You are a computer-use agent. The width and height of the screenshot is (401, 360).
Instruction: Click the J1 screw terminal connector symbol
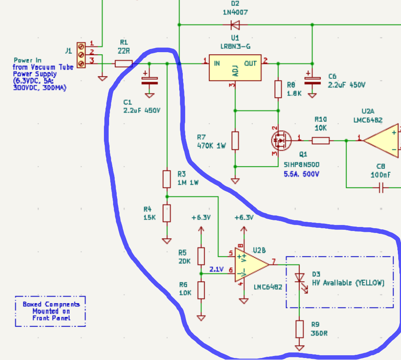pos(81,54)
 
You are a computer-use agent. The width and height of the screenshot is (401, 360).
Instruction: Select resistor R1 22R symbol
pos(123,63)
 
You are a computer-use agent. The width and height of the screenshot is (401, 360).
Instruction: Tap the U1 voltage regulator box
pos(235,67)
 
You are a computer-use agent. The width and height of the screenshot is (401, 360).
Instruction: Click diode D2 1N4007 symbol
pos(235,25)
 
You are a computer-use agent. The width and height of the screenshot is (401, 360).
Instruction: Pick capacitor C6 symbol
pos(312,81)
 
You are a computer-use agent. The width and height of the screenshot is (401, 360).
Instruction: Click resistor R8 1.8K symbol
pos(278,89)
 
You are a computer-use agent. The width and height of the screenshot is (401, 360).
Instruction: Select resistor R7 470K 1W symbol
pos(235,141)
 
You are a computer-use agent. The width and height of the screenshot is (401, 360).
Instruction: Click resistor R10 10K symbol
pos(321,140)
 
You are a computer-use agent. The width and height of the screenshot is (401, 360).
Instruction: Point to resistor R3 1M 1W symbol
pos(167,179)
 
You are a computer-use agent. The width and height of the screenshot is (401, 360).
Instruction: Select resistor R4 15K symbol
pos(167,213)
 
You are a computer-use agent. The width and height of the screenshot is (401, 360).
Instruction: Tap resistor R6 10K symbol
pos(201,290)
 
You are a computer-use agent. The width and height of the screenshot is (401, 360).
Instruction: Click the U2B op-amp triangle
pos(251,265)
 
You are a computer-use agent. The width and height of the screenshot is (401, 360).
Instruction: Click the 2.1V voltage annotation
pos(216,270)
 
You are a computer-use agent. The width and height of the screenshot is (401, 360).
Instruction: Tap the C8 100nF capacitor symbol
pos(381,188)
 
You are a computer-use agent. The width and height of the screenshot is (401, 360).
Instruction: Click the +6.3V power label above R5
pos(201,218)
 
